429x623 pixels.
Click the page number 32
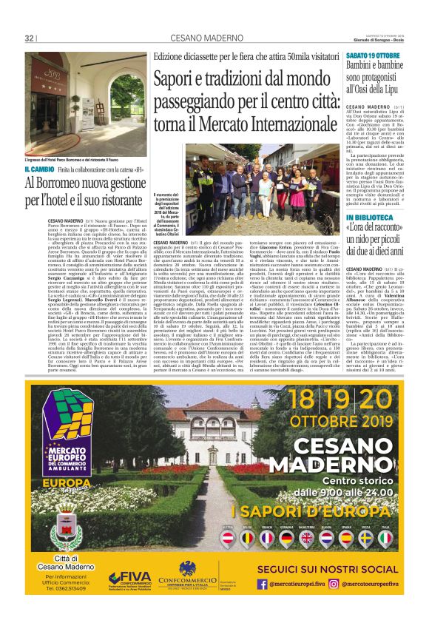click(x=30, y=38)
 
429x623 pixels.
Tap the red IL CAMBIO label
click(x=39, y=170)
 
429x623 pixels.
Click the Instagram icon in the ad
click(x=333, y=584)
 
